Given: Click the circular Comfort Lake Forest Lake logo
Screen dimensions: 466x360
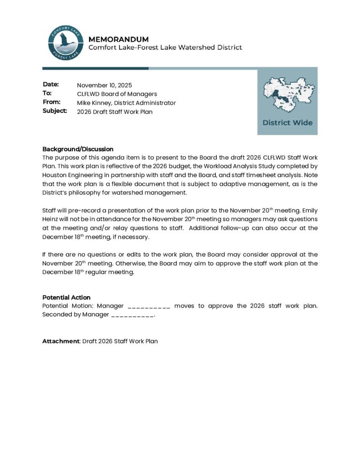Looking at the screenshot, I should tap(66, 43).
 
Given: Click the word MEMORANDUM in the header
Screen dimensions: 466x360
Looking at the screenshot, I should tap(118, 39).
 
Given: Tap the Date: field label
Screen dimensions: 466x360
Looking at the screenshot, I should tap(51, 85).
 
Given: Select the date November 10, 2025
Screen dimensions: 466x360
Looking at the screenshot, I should tap(104, 85).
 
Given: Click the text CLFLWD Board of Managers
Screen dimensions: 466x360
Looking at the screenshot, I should tap(117, 94).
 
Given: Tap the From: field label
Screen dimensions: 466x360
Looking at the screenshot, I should tap(51, 102).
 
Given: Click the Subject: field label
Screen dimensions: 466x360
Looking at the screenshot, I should tap(55, 111).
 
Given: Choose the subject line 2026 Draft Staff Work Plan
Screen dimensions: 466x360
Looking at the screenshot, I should tap(115, 111).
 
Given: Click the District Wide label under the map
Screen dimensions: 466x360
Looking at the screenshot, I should tap(287, 122).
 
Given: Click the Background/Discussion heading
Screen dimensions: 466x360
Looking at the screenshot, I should tap(78, 149).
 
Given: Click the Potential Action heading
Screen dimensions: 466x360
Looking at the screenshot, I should tap(66, 297).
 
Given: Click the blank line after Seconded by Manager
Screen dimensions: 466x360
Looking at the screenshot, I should tap(132, 314).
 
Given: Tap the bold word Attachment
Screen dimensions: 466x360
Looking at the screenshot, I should tap(61, 341).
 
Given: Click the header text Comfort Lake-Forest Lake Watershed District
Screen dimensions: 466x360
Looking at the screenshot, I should tap(165, 47).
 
